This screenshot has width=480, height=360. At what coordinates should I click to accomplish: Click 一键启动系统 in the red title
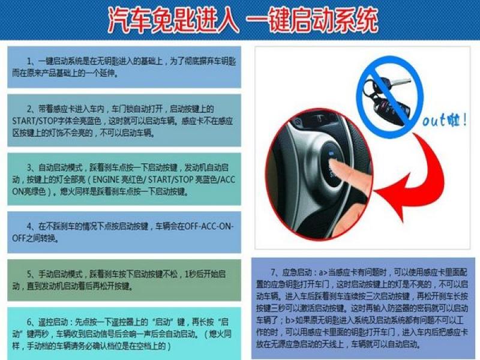click(312, 20)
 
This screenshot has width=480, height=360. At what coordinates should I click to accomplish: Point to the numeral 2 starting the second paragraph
click(29, 108)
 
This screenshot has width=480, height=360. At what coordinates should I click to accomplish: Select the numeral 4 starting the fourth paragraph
click(29, 226)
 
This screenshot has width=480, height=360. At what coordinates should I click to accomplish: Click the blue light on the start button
click(329, 157)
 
